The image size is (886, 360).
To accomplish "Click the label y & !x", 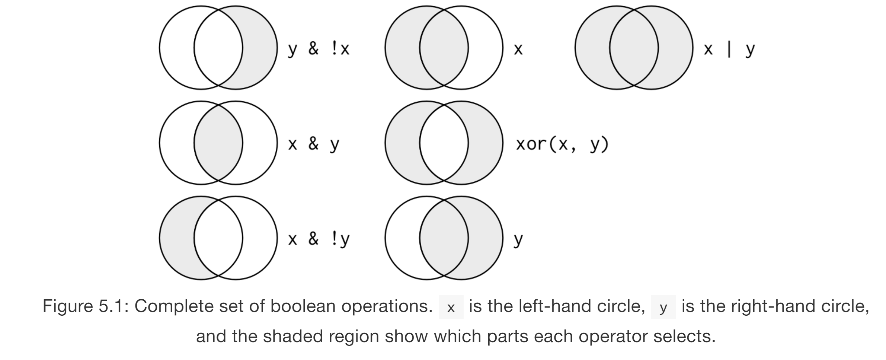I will tap(319, 49).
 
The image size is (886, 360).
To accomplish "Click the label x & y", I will tap(313, 144).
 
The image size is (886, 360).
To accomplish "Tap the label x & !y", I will tap(319, 239).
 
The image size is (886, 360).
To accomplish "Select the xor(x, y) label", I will tap(562, 144).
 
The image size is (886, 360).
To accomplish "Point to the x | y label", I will tap(729, 49).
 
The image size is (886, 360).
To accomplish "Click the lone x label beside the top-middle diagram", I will tap(518, 49).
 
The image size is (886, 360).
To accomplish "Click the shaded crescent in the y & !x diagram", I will tap(260, 48).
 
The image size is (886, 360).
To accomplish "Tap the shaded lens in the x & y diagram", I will tap(218, 143).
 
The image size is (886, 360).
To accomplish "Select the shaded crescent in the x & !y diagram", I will tap(176, 238).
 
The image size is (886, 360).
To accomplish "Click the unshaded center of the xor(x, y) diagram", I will tap(444, 143).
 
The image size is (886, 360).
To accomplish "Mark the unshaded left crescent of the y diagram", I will tap(402, 238).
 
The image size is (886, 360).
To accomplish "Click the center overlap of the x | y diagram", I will tap(634, 48).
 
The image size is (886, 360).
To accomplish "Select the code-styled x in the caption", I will tap(451, 308).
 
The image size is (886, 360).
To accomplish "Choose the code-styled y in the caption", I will tap(663, 308).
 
